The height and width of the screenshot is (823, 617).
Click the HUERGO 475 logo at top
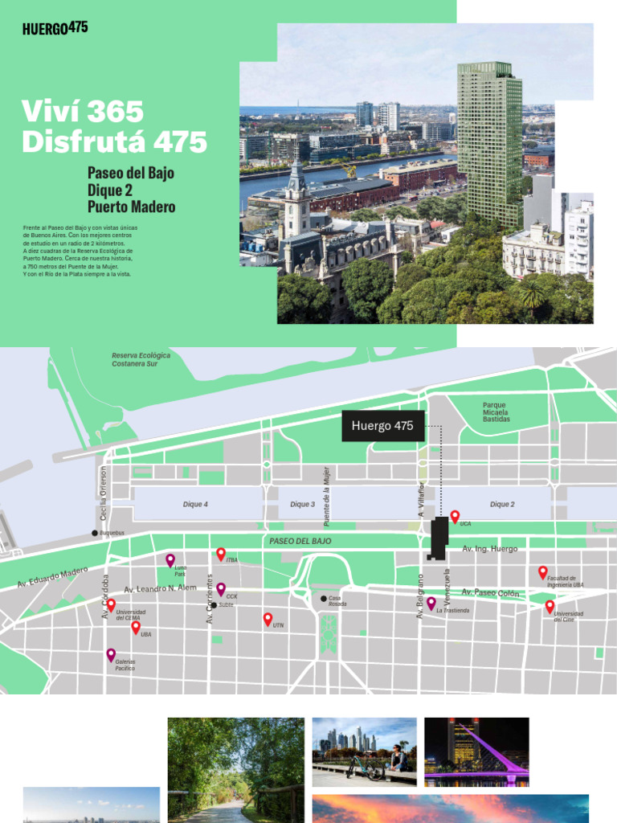[55, 29]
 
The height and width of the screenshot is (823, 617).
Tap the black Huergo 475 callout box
[382, 426]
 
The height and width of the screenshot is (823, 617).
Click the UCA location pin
[455, 516]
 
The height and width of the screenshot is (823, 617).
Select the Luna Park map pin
[170, 559]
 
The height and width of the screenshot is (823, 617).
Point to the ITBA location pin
[221, 554]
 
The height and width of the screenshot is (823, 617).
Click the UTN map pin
[268, 619]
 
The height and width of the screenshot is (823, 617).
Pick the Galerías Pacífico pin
[111, 654]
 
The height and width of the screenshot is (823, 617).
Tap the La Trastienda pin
[431, 603]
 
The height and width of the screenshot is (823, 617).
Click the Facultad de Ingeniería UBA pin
[542, 572]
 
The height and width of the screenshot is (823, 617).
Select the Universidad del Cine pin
[550, 606]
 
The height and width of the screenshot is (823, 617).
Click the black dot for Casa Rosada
[324, 598]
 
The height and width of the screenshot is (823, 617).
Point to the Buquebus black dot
[95, 533]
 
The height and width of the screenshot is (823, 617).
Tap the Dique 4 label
[195, 505]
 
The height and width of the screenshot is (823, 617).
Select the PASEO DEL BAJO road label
[300, 542]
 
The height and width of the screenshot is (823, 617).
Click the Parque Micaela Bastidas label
[496, 412]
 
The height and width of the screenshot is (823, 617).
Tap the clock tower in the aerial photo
[296, 201]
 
